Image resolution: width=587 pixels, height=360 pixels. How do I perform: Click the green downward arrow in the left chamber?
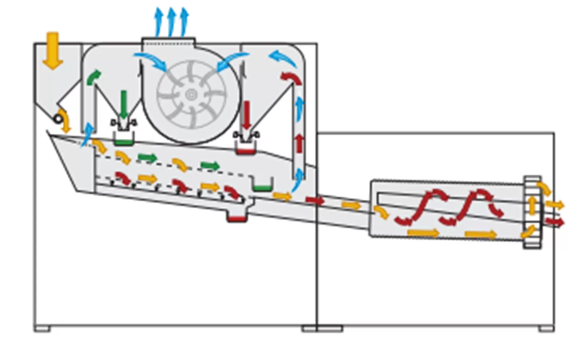[x=124, y=103]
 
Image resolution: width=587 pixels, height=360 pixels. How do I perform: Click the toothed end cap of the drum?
[x=531, y=212]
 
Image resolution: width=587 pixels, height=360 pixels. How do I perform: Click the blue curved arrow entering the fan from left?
[x=149, y=61]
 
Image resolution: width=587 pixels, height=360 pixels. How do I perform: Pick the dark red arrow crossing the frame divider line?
[x=315, y=200]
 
